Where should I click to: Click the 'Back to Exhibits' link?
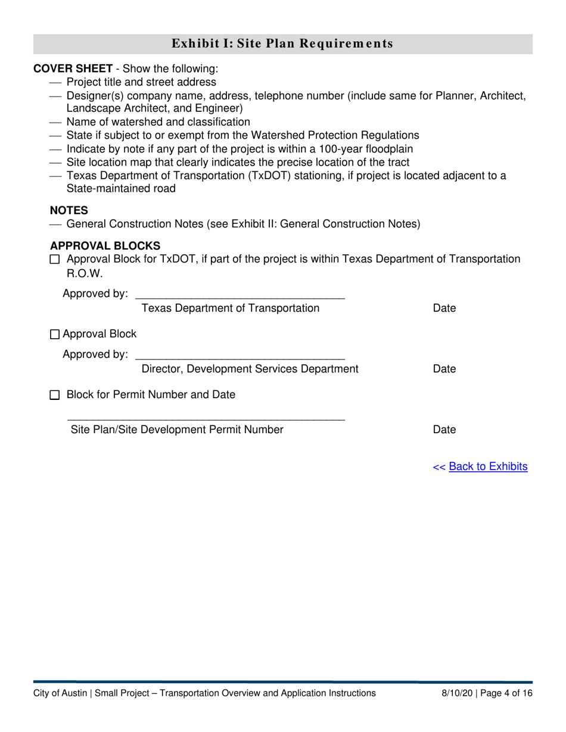(x=488, y=467)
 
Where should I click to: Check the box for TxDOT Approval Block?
(x=55, y=259)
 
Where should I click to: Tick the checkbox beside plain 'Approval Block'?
(x=55, y=334)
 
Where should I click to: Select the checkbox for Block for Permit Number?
(x=55, y=395)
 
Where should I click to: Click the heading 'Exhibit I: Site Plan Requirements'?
(x=282, y=43)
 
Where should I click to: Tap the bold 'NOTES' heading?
(x=69, y=210)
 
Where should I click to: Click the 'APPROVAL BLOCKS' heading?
(x=105, y=246)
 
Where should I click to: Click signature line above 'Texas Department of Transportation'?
(x=240, y=296)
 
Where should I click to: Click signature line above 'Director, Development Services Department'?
(x=240, y=357)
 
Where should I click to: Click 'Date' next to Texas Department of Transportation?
(x=444, y=308)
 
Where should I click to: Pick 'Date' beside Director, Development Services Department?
(x=444, y=369)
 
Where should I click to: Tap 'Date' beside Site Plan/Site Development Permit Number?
(x=444, y=430)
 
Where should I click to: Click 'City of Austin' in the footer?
(x=60, y=693)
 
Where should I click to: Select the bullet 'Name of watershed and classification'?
(x=158, y=122)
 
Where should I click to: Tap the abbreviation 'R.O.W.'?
(x=80, y=273)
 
